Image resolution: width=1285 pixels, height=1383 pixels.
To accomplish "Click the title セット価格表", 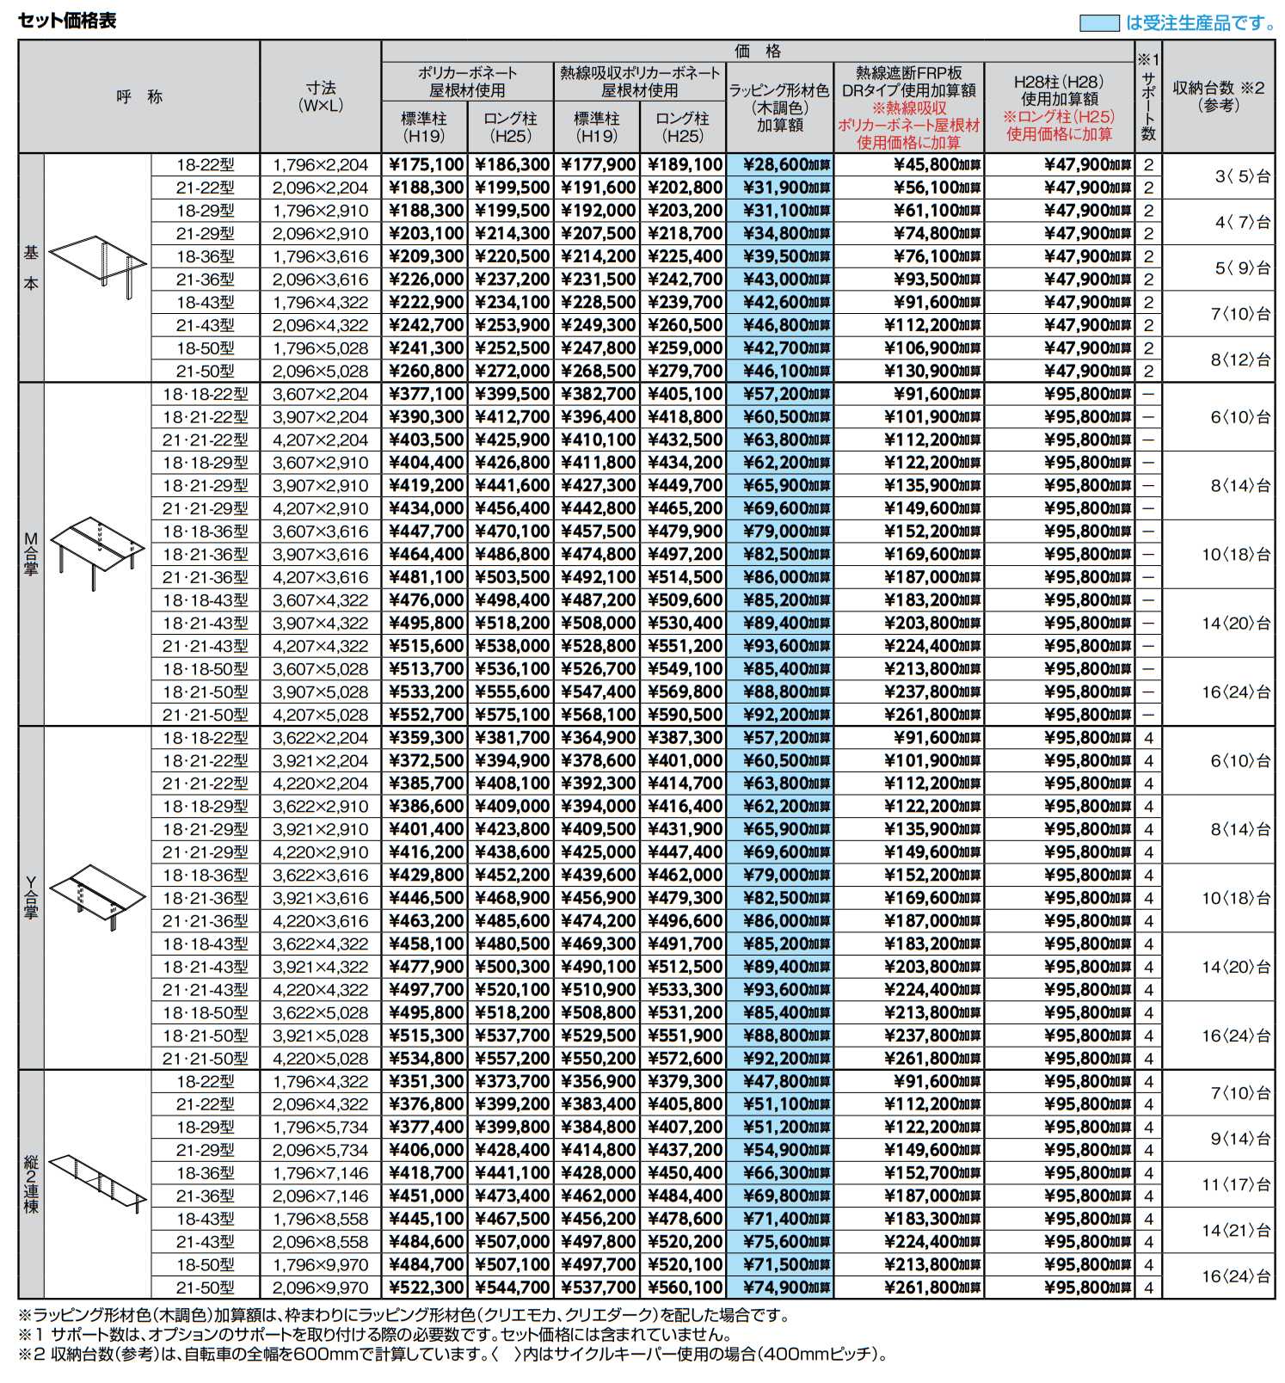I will click(67, 21).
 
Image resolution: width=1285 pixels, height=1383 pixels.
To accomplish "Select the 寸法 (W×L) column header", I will click(320, 96).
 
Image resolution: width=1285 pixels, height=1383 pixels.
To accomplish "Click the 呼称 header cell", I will click(139, 96).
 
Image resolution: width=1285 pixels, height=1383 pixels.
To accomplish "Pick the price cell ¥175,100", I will click(426, 164).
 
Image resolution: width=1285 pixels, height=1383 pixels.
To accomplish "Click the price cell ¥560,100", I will click(685, 1288).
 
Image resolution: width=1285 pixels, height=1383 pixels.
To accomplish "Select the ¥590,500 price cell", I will click(685, 715).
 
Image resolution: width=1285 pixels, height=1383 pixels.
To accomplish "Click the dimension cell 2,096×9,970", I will click(320, 1288).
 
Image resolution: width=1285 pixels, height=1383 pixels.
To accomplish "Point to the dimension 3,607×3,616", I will click(320, 532).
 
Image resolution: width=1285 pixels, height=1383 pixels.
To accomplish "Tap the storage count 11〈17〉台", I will click(1235, 1184).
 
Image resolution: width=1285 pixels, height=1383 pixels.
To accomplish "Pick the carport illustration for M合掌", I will click(97, 551).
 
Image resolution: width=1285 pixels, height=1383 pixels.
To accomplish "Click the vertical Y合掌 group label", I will click(31, 898).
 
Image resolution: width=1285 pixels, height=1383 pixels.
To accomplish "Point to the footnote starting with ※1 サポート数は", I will click(375, 1335).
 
